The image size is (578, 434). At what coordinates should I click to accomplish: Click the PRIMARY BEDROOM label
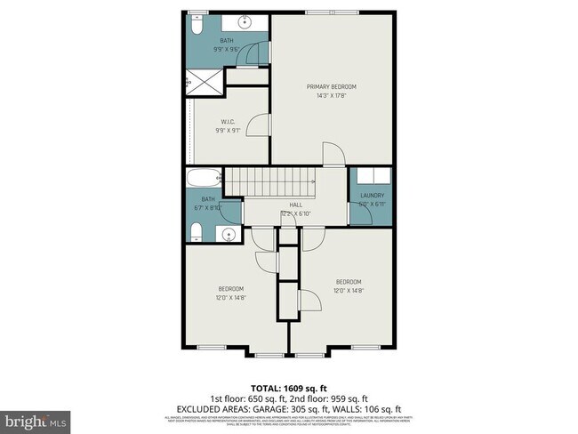tap(331, 86)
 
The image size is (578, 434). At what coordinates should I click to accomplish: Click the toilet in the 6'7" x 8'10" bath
tap(197, 233)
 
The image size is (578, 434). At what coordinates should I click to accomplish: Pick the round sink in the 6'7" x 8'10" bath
tap(228, 236)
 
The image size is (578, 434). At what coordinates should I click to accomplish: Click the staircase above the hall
tap(270, 185)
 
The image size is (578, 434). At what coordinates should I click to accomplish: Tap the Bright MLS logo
tap(36, 419)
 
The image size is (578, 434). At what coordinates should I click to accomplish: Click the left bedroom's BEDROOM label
tap(231, 289)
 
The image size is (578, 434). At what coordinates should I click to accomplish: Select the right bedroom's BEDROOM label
tap(349, 281)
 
